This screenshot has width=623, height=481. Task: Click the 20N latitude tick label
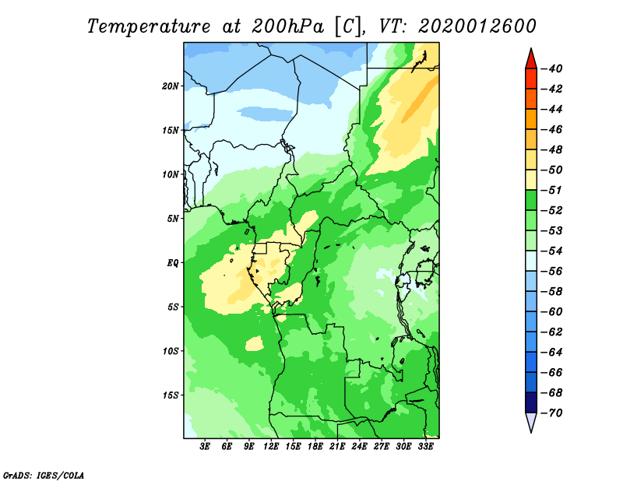click(171, 86)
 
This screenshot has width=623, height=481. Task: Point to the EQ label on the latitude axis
click(173, 263)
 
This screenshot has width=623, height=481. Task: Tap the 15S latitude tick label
click(171, 395)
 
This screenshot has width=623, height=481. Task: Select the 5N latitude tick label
click(173, 219)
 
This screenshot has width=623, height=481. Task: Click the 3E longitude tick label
click(205, 447)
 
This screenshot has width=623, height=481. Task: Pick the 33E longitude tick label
click(425, 447)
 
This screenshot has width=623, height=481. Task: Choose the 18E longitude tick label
click(315, 447)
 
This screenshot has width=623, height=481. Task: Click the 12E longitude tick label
click(271, 447)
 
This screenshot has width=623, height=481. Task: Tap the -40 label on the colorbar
click(551, 68)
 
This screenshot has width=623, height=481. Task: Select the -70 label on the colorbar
click(551, 413)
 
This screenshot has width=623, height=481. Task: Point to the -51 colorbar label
click(551, 190)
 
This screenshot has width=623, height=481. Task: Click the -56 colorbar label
click(551, 272)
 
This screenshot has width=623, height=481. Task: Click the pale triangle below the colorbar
click(531, 421)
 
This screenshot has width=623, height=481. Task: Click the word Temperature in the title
click(148, 26)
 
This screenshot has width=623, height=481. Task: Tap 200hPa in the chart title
click(288, 26)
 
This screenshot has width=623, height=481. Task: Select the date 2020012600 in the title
click(477, 26)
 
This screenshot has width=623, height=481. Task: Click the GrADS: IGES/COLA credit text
click(44, 476)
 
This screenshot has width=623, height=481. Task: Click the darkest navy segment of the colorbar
click(531, 402)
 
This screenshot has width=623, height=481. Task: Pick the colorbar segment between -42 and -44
click(531, 99)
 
